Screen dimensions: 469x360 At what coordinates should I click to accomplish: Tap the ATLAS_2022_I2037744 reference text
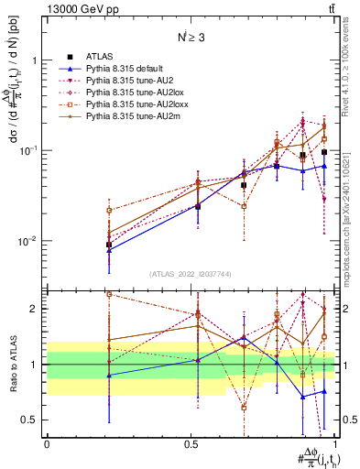tap(191, 275)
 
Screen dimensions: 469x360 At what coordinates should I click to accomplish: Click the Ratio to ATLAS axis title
tap(13, 365)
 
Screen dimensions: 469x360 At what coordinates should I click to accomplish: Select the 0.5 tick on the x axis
tap(191, 443)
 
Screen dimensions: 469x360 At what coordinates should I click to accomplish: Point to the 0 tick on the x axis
tap(47, 443)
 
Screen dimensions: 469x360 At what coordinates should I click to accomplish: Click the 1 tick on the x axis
tap(336, 443)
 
